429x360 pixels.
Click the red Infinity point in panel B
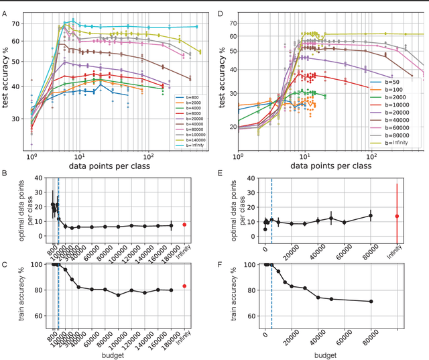point(184,225)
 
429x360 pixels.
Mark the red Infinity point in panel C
point(184,286)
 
